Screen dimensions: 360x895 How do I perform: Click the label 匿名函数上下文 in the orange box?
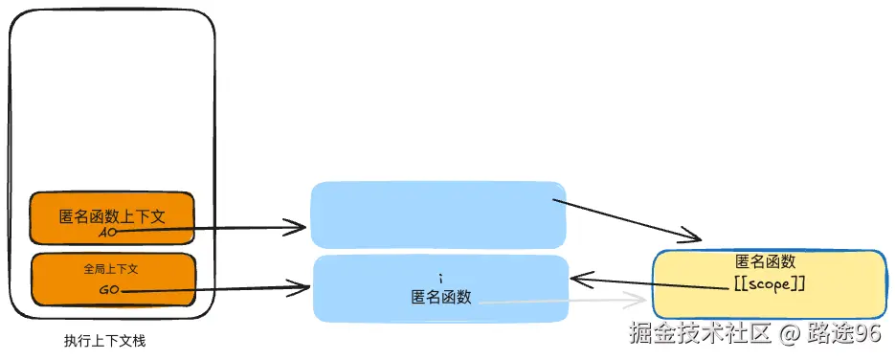pyautogui.click(x=112, y=216)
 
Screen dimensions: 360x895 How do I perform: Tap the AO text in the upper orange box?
pyautogui.click(x=106, y=232)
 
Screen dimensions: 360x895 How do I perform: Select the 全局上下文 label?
pyautogui.click(x=113, y=270)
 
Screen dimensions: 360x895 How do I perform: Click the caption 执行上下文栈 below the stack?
pyautogui.click(x=104, y=341)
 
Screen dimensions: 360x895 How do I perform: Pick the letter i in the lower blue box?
pyautogui.click(x=439, y=277)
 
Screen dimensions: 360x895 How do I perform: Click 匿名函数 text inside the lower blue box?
pyautogui.click(x=440, y=297)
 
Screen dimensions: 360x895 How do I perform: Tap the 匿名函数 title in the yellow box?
pyautogui.click(x=766, y=262)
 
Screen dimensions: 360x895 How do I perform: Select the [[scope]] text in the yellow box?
pyautogui.click(x=766, y=284)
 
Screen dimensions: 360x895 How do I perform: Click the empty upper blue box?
pyautogui.click(x=437, y=214)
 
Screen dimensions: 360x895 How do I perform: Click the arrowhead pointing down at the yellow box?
pyautogui.click(x=696, y=237)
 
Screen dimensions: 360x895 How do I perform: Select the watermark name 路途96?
pyautogui.click(x=843, y=333)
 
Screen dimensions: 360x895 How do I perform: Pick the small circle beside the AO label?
pyautogui.click(x=117, y=232)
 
